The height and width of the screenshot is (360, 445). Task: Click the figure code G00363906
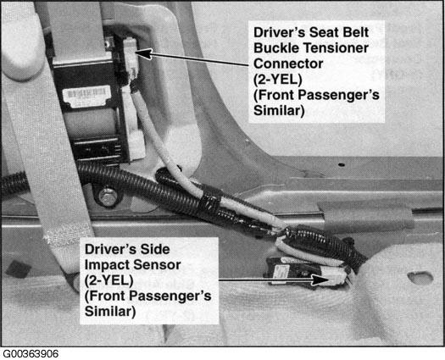tap(31, 354)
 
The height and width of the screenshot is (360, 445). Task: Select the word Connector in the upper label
tap(288, 64)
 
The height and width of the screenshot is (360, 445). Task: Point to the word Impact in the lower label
tap(107, 265)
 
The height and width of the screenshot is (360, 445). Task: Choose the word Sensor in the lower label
tap(157, 265)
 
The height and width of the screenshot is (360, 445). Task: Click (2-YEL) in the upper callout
tap(277, 80)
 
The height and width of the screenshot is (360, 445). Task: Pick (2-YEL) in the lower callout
tap(108, 280)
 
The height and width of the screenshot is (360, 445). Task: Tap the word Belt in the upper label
tap(356, 32)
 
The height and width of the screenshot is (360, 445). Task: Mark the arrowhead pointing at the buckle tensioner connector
tap(144, 53)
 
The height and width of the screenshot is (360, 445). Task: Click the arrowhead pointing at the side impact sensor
tap(320, 280)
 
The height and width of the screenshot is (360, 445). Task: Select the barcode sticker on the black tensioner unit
tap(86, 97)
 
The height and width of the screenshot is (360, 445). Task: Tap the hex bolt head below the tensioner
tap(108, 197)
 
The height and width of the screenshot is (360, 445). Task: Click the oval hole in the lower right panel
tap(420, 278)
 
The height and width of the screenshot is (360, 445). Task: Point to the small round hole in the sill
tap(342, 164)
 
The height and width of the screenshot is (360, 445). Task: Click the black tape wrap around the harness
tap(210, 201)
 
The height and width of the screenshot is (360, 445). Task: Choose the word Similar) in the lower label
tap(110, 311)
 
